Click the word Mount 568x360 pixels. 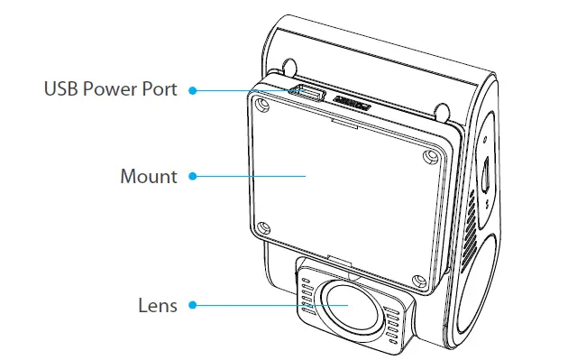(x=149, y=176)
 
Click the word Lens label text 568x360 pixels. (x=158, y=305)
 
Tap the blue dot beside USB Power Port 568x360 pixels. (x=193, y=90)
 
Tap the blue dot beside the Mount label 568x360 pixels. (x=193, y=176)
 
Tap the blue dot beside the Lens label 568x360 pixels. (x=193, y=305)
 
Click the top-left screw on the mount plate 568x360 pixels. (x=262, y=106)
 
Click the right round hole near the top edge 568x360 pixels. (x=443, y=112)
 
